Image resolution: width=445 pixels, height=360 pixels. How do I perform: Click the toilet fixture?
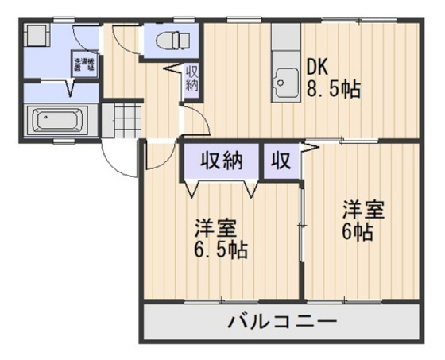point(168,40)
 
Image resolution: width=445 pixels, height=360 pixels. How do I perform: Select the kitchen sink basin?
point(284,79)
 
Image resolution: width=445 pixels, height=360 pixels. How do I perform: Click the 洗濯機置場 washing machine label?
point(83,64)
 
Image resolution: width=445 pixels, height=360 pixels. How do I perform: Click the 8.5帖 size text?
point(334,89)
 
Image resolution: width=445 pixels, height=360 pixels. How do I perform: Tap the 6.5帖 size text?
point(222,250)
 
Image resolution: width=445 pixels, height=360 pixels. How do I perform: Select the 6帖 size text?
point(360,233)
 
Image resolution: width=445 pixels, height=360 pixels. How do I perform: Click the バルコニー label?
point(282,323)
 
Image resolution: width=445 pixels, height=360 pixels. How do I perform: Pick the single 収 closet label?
point(281,161)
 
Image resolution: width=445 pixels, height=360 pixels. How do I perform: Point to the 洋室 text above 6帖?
point(364,211)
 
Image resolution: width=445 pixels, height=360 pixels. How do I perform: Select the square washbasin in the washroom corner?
point(37,37)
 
